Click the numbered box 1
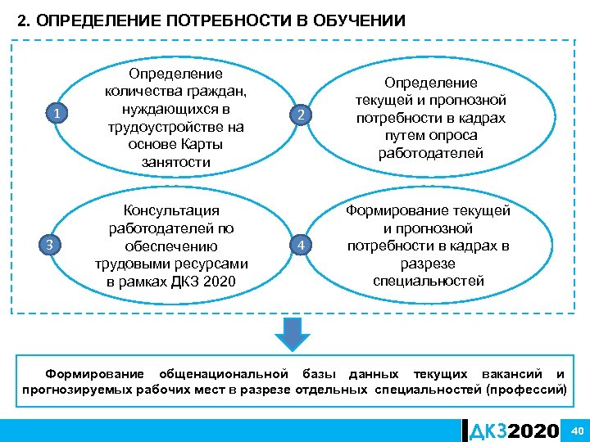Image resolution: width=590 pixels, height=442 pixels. [55, 114]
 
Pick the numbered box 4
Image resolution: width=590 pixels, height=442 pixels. [302, 245]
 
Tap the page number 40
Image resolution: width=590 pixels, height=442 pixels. [576, 431]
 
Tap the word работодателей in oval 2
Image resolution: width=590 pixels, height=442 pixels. [430, 153]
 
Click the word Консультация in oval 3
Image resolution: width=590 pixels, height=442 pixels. [170, 210]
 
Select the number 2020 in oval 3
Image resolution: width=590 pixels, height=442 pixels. [219, 282]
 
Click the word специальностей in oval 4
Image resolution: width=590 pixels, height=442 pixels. [429, 281]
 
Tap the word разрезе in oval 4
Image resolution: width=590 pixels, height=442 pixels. [429, 264]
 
